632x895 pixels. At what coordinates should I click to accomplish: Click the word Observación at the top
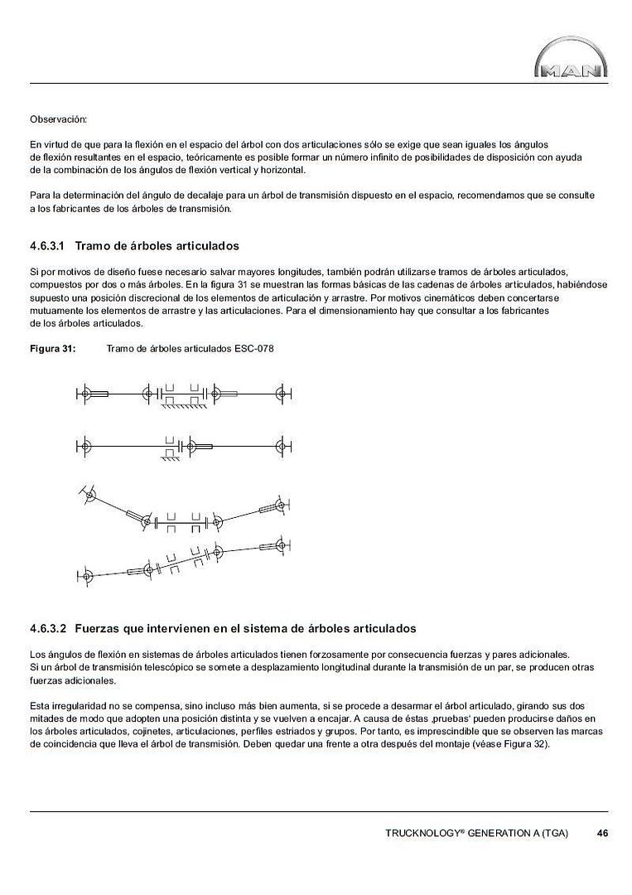[58, 120]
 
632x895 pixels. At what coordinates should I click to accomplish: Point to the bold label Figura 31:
[53, 349]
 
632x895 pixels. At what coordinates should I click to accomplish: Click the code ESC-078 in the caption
[253, 349]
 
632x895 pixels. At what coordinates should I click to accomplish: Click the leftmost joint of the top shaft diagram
[84, 393]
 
